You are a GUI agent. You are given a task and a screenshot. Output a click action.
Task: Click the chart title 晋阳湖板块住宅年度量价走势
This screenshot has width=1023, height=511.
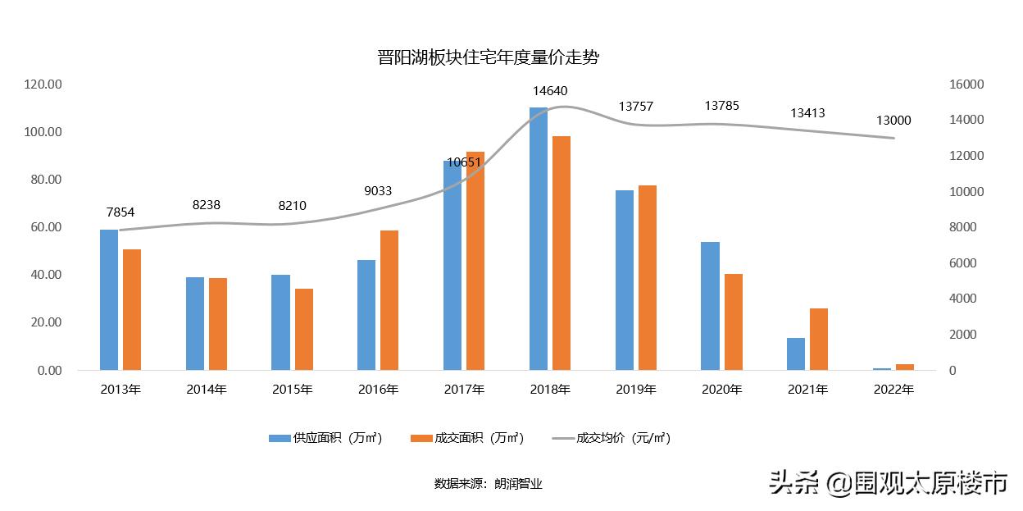[489, 57]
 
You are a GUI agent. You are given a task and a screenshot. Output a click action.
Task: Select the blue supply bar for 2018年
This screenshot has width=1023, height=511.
[539, 238]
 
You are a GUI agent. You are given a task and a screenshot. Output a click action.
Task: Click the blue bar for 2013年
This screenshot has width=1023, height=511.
[109, 299]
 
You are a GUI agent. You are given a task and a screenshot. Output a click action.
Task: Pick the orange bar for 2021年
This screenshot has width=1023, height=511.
[819, 339]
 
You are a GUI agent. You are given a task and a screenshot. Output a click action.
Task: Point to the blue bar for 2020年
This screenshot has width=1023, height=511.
[711, 306]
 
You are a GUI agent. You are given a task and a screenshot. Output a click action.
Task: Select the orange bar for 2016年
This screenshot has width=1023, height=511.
[389, 300]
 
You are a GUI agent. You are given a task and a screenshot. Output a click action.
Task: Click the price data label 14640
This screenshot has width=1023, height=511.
[550, 91]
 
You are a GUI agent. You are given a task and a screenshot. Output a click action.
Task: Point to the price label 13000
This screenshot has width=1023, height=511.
[893, 121]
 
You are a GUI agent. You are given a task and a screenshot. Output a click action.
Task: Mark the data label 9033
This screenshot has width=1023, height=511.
[379, 192]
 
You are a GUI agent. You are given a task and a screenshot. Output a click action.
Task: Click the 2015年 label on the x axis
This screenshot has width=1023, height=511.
[293, 390]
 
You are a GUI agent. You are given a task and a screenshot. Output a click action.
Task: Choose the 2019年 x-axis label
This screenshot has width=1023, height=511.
[636, 390]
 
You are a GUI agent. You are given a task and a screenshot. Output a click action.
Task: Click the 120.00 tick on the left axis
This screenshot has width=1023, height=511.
[43, 84]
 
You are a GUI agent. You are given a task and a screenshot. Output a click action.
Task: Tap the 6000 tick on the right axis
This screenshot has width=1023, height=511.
[964, 263]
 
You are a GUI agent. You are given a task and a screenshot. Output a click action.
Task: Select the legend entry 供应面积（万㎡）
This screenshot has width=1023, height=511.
[326, 438]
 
